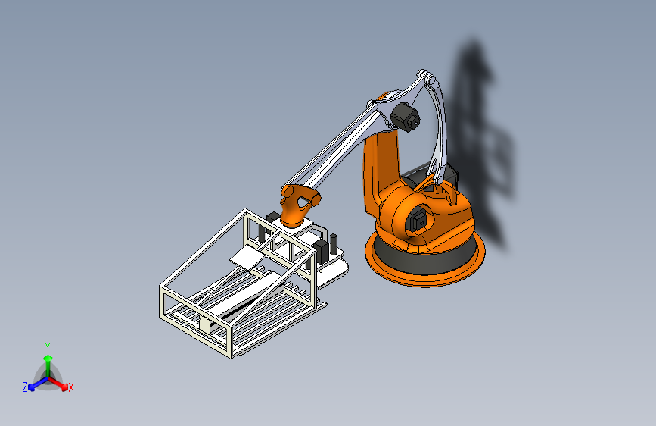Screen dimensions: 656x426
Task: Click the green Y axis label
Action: (x=48, y=346)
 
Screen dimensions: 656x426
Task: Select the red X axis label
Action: (x=70, y=388)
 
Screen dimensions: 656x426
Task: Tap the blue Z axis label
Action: (x=25, y=387)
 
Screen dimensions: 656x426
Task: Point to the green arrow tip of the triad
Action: (x=48, y=358)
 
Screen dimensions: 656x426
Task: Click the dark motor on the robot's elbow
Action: (x=405, y=117)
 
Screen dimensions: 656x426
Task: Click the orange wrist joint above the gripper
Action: (x=298, y=205)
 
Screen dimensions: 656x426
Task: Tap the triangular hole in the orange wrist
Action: (x=303, y=202)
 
